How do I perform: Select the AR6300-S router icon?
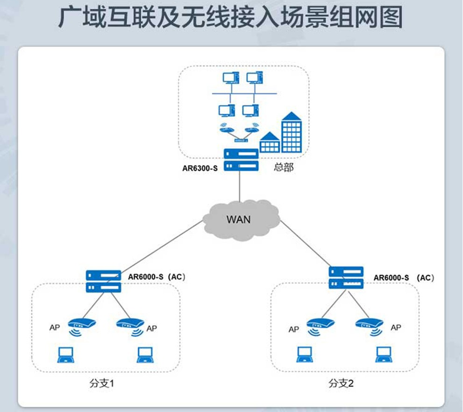coord(241,160)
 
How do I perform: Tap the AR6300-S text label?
coord(199,168)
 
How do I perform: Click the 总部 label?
coord(283,168)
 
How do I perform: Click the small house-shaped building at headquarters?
coord(269,142)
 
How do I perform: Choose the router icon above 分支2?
coord(346,277)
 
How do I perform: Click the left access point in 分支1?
coord(81,324)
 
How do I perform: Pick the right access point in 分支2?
coord(369,324)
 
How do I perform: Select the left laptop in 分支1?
coord(63,355)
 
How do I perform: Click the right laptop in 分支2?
coord(383,355)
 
